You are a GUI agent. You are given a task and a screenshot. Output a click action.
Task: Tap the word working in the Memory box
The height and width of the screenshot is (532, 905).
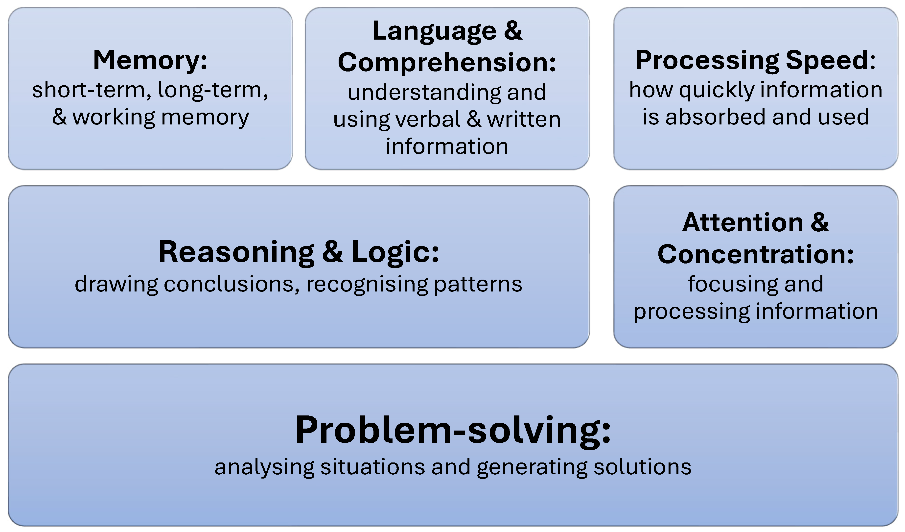114,118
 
